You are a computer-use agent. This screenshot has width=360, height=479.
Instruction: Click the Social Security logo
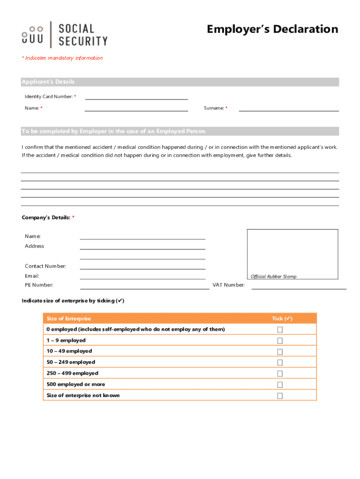click(x=65, y=35)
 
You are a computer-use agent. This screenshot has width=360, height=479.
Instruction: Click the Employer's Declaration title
click(x=272, y=29)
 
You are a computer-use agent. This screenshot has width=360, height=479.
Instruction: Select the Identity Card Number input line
click(x=136, y=96)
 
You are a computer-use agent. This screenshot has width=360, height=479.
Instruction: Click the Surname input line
click(x=288, y=108)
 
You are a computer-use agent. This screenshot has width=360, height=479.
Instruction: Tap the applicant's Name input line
click(x=136, y=108)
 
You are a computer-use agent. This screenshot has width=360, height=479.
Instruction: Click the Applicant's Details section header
click(x=48, y=82)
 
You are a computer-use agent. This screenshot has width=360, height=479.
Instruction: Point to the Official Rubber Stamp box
click(x=292, y=254)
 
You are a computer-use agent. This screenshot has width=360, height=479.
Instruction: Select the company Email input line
click(x=143, y=276)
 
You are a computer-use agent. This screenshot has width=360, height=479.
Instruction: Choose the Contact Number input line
click(x=143, y=266)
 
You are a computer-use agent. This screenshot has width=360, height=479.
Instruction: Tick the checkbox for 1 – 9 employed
click(x=280, y=341)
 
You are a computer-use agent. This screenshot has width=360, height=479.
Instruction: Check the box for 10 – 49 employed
click(x=280, y=352)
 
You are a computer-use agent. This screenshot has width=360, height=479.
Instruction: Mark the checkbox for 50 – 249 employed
click(x=280, y=363)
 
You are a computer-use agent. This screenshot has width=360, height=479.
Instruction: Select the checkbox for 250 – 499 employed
click(x=280, y=374)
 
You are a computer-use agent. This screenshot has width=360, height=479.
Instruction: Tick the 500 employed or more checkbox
click(x=280, y=385)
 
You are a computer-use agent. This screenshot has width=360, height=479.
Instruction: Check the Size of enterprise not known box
click(x=280, y=396)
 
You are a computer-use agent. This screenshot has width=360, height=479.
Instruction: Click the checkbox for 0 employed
click(x=280, y=330)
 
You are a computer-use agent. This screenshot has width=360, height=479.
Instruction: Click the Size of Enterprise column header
click(x=69, y=319)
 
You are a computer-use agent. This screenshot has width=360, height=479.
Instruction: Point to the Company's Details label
click(x=46, y=218)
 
